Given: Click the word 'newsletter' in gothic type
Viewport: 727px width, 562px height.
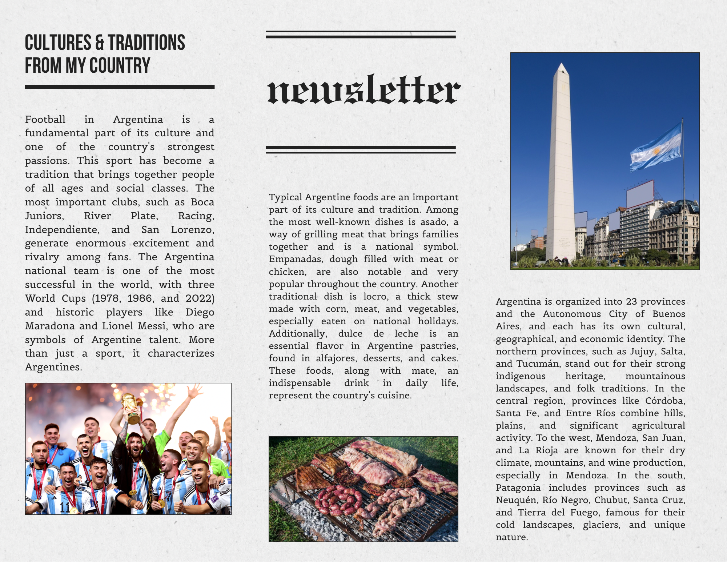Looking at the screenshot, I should [363, 89].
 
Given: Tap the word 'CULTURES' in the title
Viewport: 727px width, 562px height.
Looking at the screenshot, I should [58, 43].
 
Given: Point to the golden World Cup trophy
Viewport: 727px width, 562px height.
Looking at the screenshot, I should [130, 408].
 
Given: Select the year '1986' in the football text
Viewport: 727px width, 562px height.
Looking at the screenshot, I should [139, 298].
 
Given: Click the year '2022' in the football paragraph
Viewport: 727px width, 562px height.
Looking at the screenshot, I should [198, 298].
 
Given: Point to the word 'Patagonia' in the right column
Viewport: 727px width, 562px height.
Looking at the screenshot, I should [518, 488].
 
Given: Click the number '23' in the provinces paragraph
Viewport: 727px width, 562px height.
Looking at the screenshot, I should [631, 302].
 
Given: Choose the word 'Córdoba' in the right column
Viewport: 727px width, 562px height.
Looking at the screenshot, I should [665, 401].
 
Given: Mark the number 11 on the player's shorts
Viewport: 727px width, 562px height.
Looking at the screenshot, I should [65, 507].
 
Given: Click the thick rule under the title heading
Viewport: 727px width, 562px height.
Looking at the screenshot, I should [120, 87].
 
